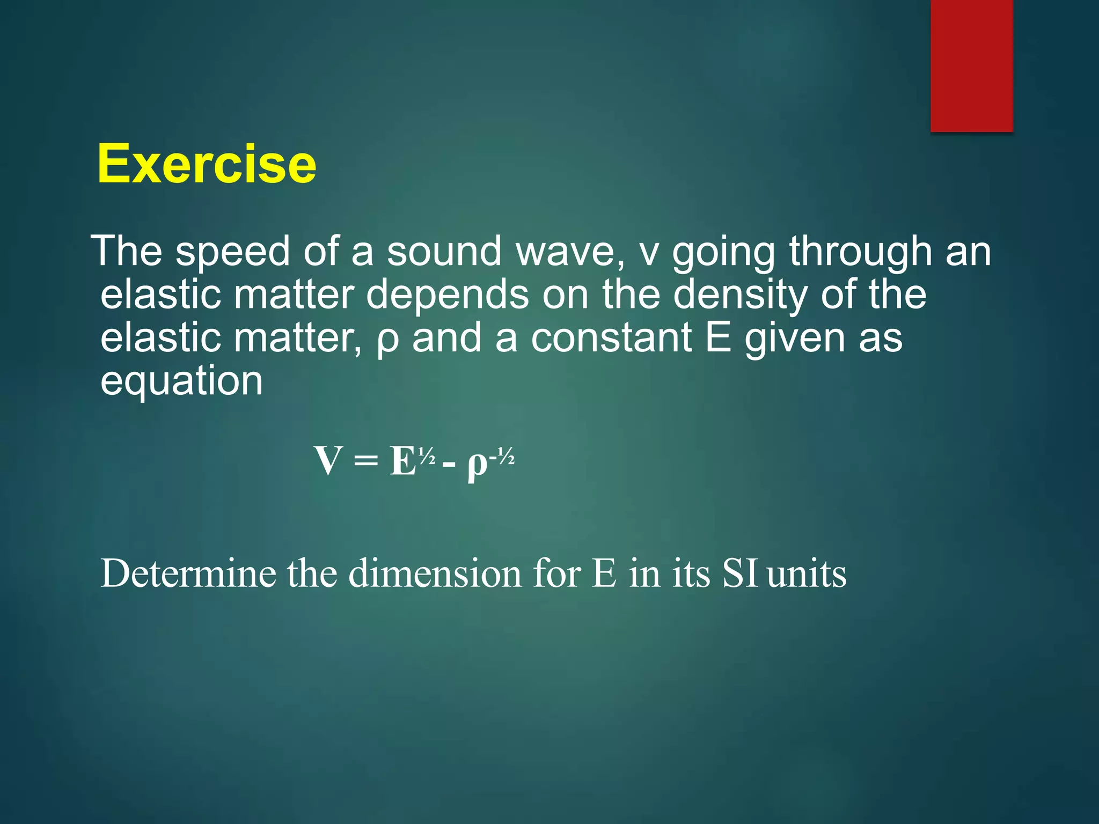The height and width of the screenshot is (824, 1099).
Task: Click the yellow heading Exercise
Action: coord(207,164)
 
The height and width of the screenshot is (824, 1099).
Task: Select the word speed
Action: coord(232,252)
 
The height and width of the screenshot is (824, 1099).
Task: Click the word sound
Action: coord(444,252)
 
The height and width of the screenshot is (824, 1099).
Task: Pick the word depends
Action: coord(448,295)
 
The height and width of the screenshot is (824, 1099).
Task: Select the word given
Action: coord(795,339)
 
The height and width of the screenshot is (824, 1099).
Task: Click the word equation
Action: coord(181,382)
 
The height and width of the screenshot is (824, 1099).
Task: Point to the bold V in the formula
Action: coord(328,461)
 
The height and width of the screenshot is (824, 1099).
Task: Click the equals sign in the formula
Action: coord(366,462)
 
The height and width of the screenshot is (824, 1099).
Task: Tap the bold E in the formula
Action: coord(403,461)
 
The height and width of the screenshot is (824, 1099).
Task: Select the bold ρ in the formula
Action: coord(477,465)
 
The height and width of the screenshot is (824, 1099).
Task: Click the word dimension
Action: coord(435,573)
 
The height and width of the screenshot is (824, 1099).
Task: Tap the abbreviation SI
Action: coord(739,573)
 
